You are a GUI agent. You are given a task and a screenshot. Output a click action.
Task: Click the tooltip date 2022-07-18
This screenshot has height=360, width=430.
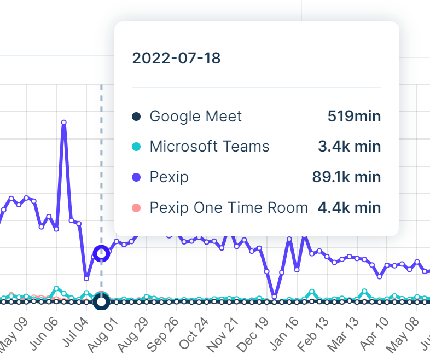point(176,59)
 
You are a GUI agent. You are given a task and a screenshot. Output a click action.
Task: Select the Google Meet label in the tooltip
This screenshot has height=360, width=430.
point(195,117)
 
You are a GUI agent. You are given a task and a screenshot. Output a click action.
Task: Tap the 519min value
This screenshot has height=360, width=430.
point(354,117)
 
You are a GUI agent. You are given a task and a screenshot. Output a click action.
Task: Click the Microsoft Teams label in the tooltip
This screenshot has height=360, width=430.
point(210,147)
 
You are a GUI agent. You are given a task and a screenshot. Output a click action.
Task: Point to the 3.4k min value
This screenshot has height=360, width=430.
point(349,147)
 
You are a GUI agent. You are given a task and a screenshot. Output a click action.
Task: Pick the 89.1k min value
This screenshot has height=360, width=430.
point(345,177)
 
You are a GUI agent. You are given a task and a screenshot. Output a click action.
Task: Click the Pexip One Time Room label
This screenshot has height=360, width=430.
point(229,208)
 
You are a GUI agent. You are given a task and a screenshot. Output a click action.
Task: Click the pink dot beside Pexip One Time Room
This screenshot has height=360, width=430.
point(137,208)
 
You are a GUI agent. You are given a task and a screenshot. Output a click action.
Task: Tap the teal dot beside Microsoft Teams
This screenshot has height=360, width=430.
point(137,147)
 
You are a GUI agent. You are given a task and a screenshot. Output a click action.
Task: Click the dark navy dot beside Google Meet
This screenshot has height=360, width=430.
point(137,117)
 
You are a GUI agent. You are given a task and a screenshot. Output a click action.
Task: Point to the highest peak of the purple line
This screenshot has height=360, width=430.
point(64,123)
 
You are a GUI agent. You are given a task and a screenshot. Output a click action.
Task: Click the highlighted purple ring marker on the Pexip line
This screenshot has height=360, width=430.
point(101,253)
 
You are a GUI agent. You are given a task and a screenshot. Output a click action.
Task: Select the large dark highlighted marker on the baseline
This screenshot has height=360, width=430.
point(101,301)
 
